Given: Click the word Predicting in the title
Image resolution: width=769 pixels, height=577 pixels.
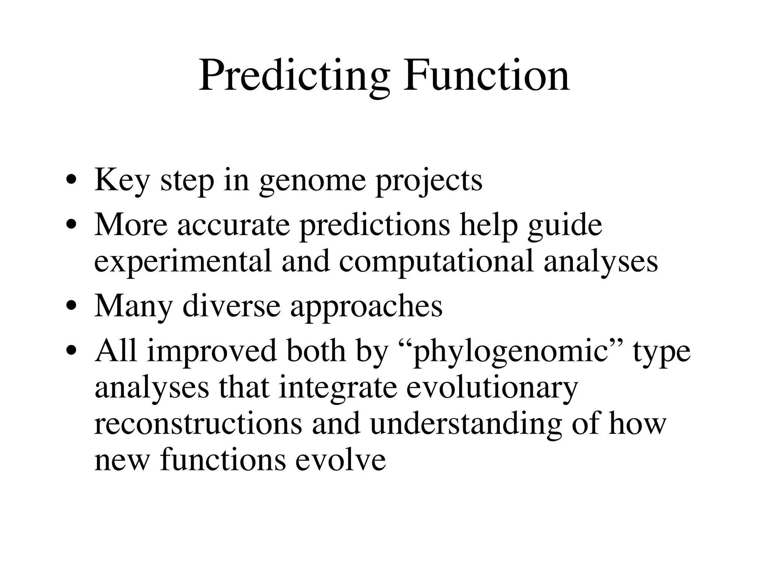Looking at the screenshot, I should click(x=294, y=77).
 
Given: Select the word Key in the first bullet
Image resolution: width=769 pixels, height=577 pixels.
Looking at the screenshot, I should click(x=122, y=181).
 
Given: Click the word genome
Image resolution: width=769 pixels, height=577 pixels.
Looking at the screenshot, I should click(x=312, y=182).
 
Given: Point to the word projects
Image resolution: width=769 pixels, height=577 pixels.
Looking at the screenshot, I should click(x=429, y=182).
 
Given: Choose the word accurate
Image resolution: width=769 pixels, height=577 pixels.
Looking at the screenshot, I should click(x=234, y=225).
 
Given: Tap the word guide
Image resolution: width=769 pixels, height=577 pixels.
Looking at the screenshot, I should click(x=565, y=226).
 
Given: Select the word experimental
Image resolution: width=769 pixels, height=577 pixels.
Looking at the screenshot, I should click(x=182, y=262).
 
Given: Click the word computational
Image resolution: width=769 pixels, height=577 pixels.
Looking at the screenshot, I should click(x=436, y=262).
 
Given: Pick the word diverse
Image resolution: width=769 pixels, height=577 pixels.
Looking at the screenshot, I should click(x=231, y=306).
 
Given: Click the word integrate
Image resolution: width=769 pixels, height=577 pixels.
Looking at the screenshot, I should click(x=338, y=388).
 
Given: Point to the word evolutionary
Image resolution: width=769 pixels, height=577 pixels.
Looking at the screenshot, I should click(x=492, y=388).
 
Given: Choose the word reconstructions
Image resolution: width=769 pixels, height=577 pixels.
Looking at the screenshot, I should click(x=198, y=424).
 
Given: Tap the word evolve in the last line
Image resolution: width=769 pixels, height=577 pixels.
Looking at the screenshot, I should click(x=341, y=461).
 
